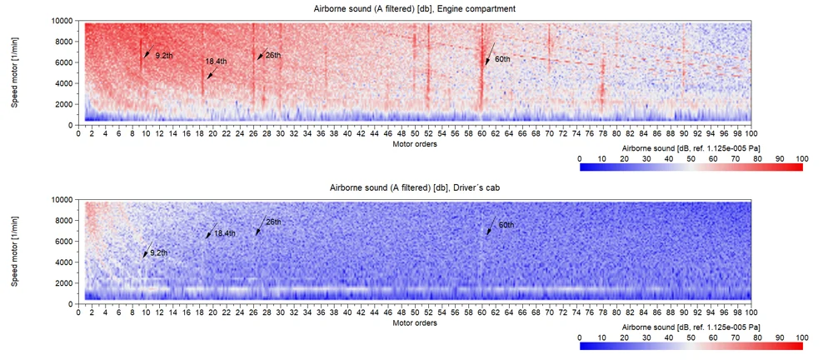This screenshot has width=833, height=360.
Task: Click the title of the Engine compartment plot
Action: click(414, 8)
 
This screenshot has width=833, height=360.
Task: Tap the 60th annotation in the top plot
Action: click(502, 59)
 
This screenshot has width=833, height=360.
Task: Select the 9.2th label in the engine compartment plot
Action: click(163, 55)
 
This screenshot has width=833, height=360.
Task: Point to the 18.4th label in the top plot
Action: click(217, 62)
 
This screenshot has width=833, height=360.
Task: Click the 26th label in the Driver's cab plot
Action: click(273, 222)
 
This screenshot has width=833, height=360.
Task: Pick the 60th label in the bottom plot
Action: click(506, 225)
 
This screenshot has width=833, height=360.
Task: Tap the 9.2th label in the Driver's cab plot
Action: click(159, 252)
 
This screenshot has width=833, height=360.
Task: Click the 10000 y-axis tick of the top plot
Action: click(61, 20)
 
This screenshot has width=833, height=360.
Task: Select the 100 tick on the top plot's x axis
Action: click(751, 132)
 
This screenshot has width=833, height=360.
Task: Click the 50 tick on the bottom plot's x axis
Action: click(415, 312)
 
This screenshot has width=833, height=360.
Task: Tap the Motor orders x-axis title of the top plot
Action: click(414, 143)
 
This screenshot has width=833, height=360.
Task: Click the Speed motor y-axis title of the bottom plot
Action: click(14, 251)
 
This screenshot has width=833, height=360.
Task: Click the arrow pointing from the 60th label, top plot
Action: click(491, 53)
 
